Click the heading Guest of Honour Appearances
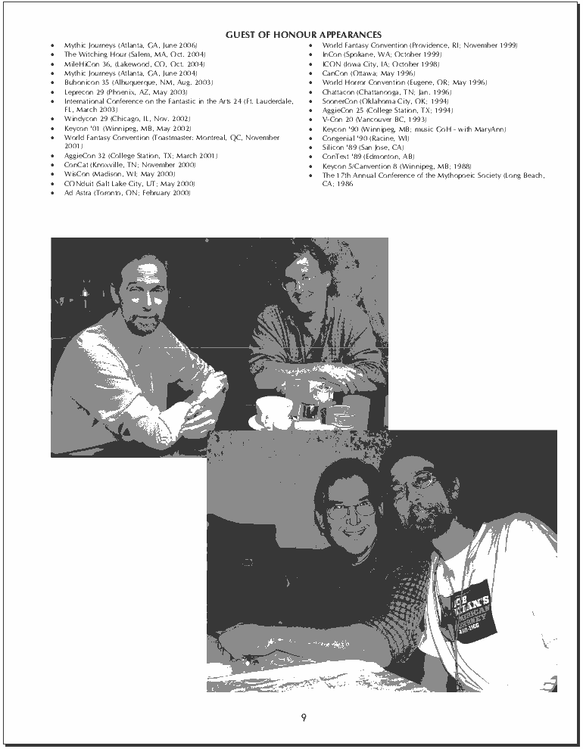303,35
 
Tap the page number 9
303,717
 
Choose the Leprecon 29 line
125,92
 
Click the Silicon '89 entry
363,147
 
